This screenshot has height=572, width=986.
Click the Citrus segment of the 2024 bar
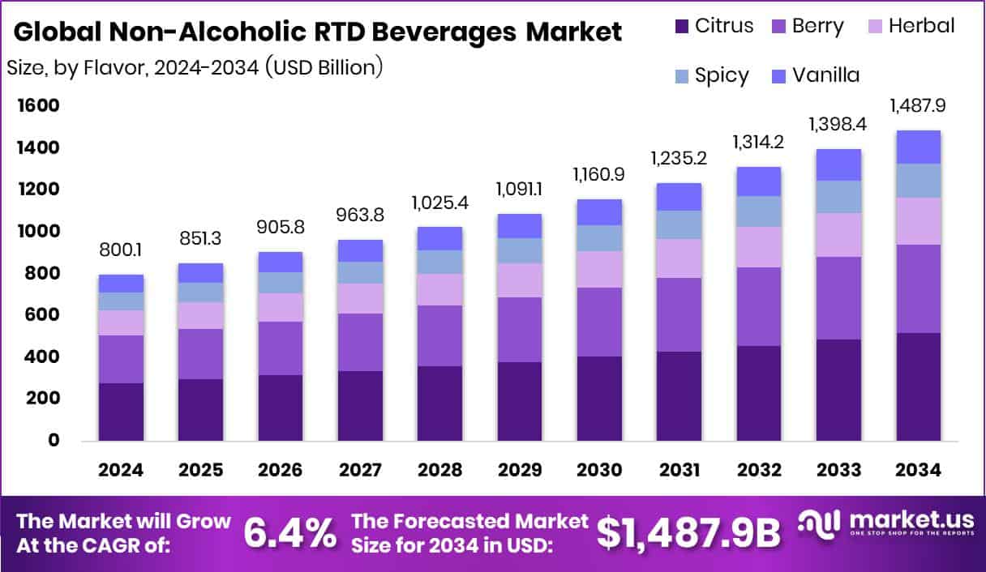point(122,412)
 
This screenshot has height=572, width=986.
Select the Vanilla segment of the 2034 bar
point(918,147)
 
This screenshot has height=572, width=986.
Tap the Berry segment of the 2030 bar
point(599,322)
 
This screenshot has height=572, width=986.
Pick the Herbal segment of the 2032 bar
point(758,247)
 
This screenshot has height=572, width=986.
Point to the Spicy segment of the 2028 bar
point(439,262)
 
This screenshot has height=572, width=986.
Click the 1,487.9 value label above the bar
point(918,106)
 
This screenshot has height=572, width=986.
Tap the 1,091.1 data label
point(519,191)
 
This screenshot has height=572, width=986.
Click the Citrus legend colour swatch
point(680,27)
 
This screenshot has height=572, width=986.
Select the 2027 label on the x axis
point(360,471)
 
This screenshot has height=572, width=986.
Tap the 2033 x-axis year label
point(838,471)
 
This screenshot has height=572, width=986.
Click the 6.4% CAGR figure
point(289,533)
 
